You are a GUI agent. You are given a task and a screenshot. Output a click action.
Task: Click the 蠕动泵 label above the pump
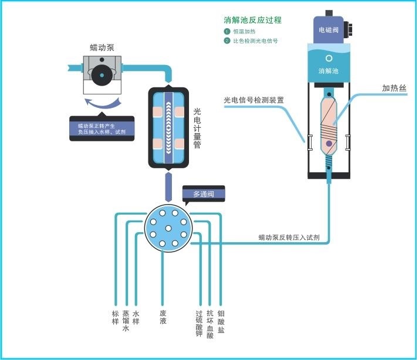[x=102, y=47]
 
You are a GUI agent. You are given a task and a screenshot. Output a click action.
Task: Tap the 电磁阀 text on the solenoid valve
[x=329, y=30]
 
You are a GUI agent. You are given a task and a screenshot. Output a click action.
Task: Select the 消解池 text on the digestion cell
[x=329, y=71]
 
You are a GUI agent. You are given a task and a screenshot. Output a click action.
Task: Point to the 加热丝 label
[x=394, y=88]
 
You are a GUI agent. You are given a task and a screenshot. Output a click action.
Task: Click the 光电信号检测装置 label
[x=254, y=100]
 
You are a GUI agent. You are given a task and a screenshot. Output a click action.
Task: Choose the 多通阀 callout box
[x=204, y=194]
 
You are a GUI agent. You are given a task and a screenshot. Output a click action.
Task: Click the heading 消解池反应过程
[x=252, y=20]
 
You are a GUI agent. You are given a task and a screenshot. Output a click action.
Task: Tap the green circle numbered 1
[x=227, y=32]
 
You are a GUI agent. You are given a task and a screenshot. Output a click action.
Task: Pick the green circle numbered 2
[x=227, y=41]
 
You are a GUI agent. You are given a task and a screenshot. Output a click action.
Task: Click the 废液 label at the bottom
[x=163, y=317]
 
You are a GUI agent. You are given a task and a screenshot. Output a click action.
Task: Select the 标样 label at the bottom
[x=115, y=317]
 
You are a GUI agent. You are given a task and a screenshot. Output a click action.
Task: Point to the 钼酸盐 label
[x=221, y=321]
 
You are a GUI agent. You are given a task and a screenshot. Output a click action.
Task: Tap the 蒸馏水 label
[x=126, y=321]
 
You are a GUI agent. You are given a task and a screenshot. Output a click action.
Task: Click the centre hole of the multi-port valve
[x=168, y=228]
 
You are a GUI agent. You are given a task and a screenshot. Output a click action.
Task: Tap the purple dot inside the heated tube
[x=329, y=144]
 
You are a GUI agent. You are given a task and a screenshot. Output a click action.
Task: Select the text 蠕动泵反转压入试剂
[x=289, y=237]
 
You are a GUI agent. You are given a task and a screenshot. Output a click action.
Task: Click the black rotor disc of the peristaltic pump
[x=102, y=75]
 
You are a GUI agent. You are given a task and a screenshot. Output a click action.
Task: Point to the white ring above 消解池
[x=329, y=58]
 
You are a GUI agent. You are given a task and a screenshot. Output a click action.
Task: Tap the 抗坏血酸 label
[x=210, y=324]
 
